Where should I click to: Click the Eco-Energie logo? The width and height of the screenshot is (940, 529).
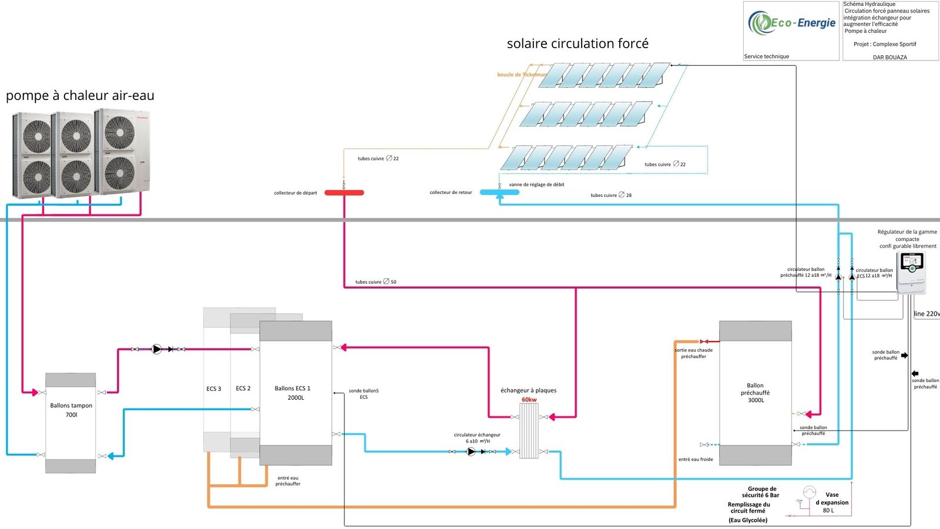(791, 24)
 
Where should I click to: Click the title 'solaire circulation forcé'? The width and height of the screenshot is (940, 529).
(578, 43)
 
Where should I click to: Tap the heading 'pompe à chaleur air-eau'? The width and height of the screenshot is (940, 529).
(80, 95)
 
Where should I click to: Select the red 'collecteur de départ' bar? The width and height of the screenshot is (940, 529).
(344, 193)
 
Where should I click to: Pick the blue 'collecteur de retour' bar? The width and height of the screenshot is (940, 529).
(499, 192)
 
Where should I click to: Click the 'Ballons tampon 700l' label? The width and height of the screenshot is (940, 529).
(71, 410)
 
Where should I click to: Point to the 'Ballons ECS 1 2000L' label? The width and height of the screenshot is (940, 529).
(293, 393)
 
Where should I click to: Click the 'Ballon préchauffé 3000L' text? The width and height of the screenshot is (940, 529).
(756, 393)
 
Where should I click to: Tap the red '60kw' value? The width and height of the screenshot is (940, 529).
(529, 400)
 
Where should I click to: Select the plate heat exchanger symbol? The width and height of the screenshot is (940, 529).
(529, 431)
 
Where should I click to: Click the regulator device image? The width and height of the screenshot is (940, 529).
(911, 272)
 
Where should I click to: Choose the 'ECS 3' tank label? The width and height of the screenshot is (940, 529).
(214, 389)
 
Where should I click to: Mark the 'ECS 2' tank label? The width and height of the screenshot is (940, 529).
(243, 388)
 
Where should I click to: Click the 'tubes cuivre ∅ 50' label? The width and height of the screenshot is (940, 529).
(376, 282)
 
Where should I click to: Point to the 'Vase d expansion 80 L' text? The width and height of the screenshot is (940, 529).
(831, 503)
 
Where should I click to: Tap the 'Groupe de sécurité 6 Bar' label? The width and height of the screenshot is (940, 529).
(761, 492)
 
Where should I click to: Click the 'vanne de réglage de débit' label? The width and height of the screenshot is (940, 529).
(536, 185)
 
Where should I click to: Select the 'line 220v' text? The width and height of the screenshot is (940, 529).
(926, 314)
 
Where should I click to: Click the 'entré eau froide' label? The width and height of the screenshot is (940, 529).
(696, 460)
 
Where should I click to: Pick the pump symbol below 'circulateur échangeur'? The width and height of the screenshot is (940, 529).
(471, 452)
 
